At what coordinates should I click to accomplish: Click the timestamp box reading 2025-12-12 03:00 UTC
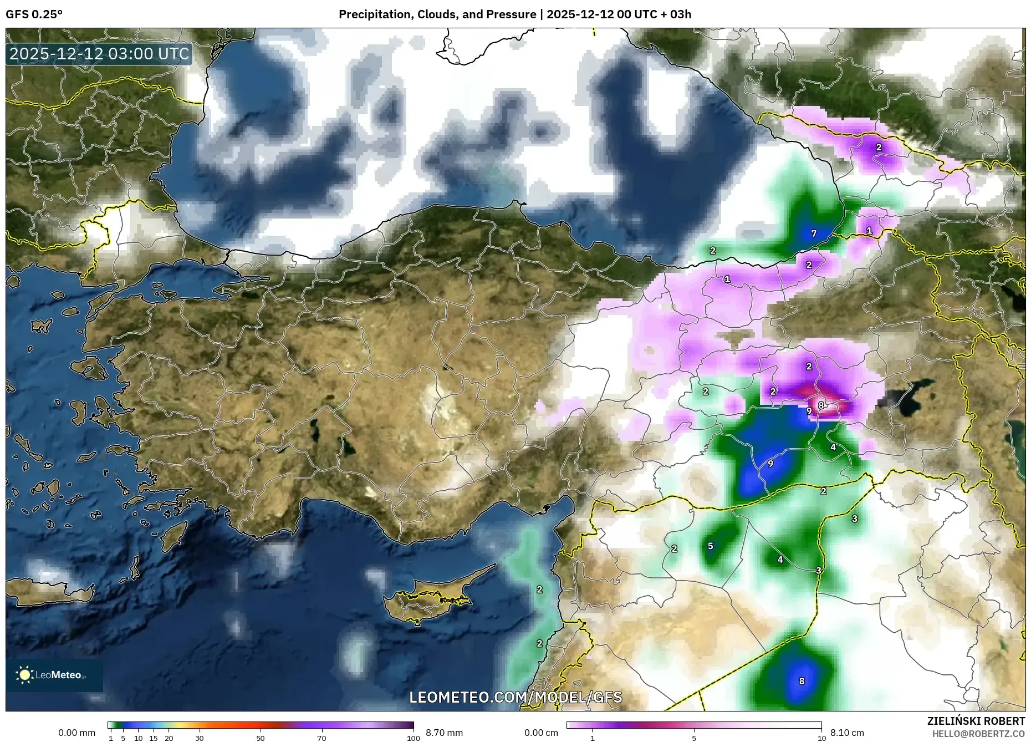99,54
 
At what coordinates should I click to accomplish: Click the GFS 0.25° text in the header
34,14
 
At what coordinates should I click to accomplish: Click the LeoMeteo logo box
54,675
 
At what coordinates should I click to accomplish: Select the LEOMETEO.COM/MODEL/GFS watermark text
515,697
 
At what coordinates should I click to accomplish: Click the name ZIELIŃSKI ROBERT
976,721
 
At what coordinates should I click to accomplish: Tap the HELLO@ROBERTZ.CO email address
978,734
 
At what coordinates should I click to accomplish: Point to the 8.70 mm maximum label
444,733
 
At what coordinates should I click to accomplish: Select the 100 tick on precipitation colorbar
413,738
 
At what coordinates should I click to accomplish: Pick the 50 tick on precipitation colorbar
261,738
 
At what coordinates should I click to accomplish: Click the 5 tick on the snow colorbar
694,738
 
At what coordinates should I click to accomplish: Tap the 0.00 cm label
541,733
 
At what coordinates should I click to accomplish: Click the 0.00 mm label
76,733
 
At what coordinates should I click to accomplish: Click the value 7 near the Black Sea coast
814,233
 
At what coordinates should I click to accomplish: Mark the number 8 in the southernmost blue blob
802,681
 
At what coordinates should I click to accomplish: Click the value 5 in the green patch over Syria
711,546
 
